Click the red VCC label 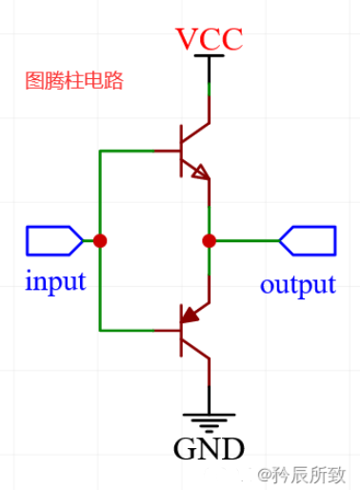point(209,39)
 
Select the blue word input point(55,281)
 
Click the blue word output point(298,284)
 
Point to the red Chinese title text point(74,81)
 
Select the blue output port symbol point(307,241)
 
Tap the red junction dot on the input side point(100,241)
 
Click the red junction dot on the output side point(209,241)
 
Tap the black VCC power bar point(209,57)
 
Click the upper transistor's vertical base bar point(182,151)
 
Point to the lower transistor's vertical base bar point(182,331)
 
